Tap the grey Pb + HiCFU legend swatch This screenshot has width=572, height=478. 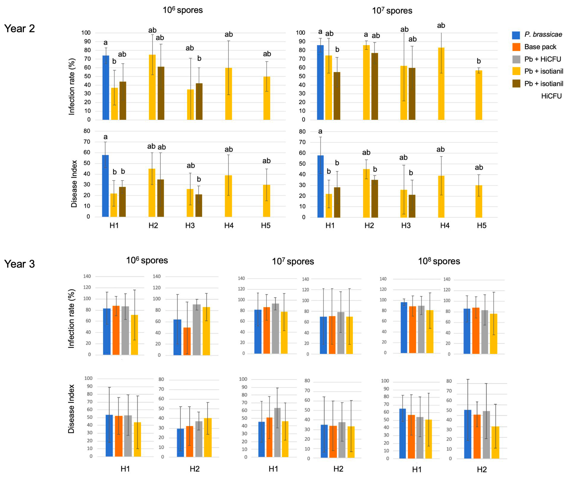516,59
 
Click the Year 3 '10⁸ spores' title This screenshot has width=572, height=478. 439,261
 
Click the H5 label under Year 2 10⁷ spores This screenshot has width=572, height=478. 481,225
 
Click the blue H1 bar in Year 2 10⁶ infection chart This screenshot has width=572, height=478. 106,88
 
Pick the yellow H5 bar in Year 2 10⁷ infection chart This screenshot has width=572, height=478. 479,95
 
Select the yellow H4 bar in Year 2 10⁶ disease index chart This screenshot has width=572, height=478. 228,196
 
